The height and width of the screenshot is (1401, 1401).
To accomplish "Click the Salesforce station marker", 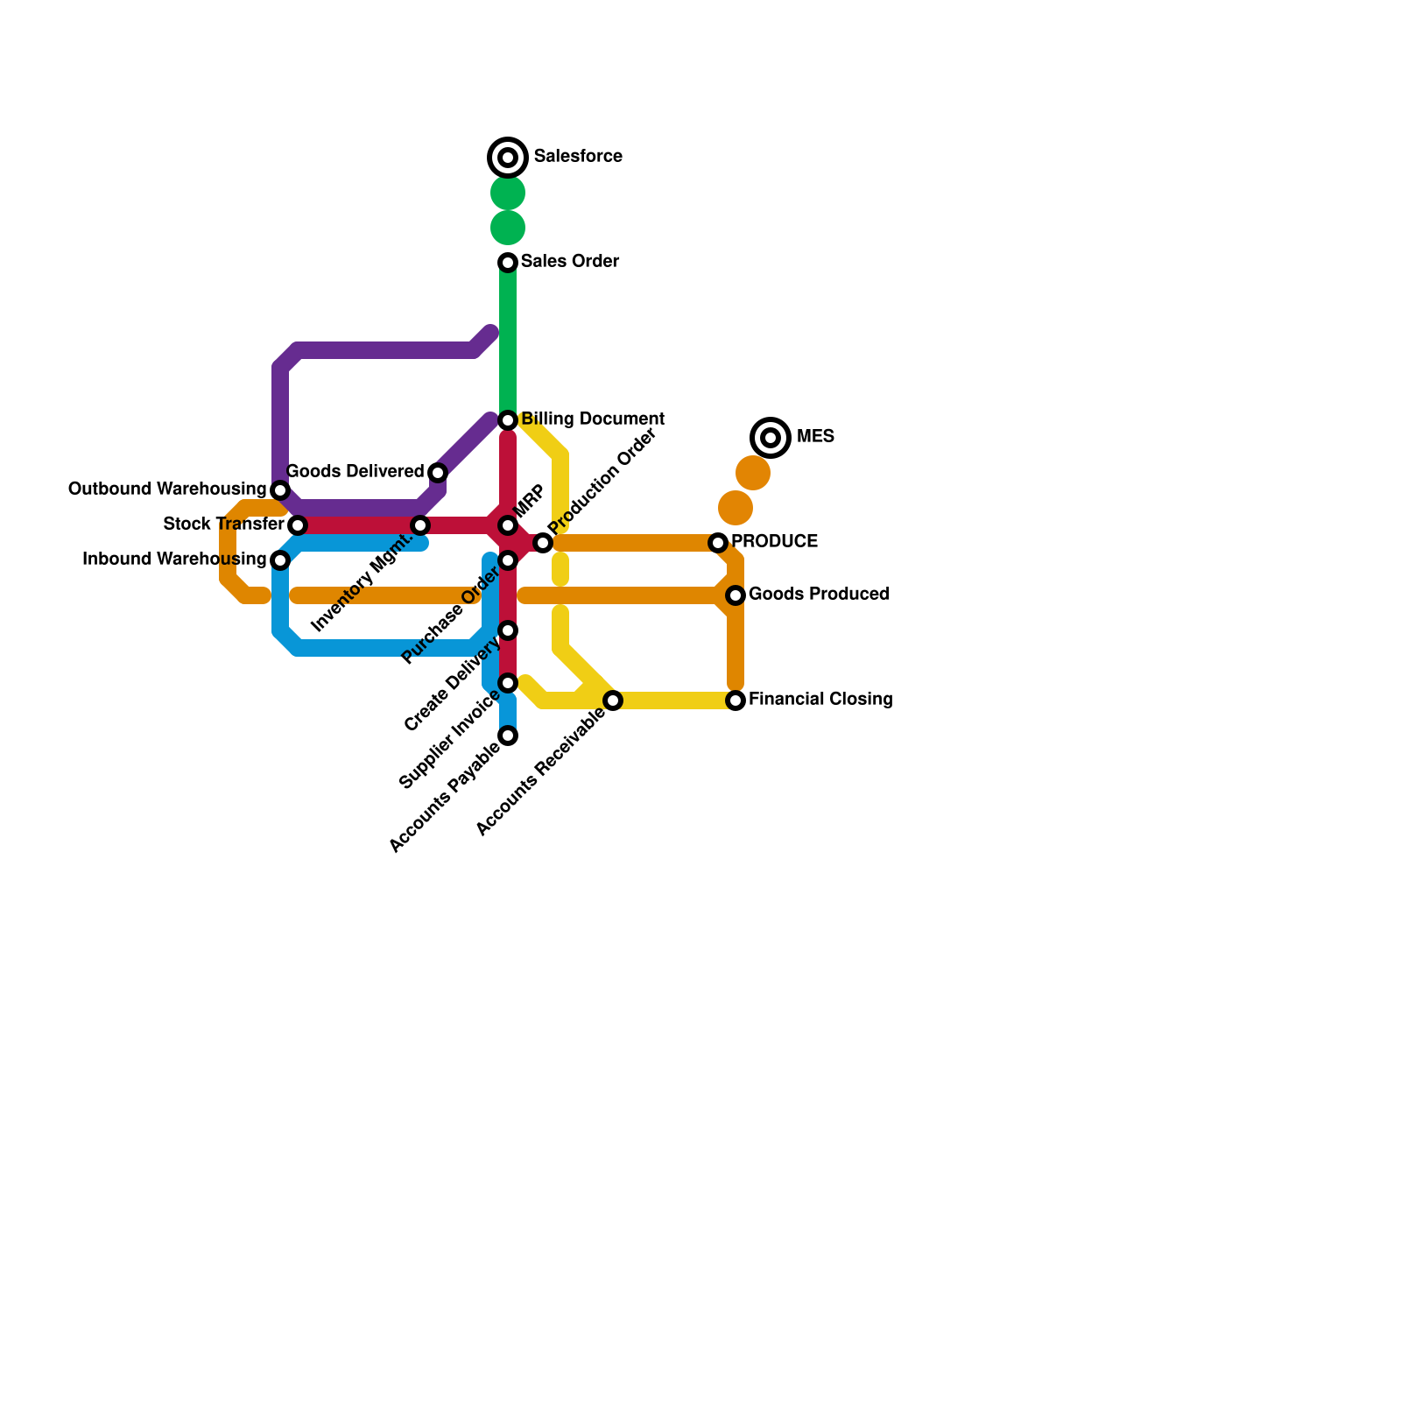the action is click(x=508, y=158).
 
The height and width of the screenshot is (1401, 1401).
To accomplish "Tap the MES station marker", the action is click(x=771, y=437).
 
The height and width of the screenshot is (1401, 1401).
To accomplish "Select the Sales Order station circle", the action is click(x=508, y=263).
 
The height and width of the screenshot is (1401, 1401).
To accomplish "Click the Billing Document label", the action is click(x=593, y=419).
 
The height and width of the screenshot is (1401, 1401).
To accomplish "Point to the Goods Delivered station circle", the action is click(x=438, y=473).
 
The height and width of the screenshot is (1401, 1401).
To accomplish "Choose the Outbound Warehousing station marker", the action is click(x=280, y=489).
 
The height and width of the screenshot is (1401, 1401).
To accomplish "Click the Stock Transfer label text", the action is click(x=223, y=524).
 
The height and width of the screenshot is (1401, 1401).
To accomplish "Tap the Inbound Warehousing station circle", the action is click(x=280, y=560).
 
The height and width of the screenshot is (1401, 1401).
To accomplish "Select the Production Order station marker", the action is click(x=543, y=543).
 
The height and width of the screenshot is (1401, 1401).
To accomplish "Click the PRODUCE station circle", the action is click(x=718, y=543).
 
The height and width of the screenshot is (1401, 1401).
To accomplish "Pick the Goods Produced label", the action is click(x=819, y=595).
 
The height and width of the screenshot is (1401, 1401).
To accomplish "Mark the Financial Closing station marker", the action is click(x=736, y=700).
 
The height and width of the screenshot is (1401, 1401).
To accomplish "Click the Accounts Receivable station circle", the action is click(x=613, y=700).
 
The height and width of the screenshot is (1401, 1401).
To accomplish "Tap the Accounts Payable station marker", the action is click(x=508, y=736).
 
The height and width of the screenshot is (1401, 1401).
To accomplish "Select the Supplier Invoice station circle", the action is click(x=508, y=683).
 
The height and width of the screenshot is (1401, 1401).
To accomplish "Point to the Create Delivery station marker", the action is click(x=508, y=630).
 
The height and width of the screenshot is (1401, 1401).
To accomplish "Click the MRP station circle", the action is click(x=508, y=525).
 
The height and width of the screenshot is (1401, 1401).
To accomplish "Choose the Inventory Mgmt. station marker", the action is click(x=420, y=525).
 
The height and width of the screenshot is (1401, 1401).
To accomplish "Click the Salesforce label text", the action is click(x=578, y=157).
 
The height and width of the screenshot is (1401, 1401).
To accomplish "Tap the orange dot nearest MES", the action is click(x=753, y=473).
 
